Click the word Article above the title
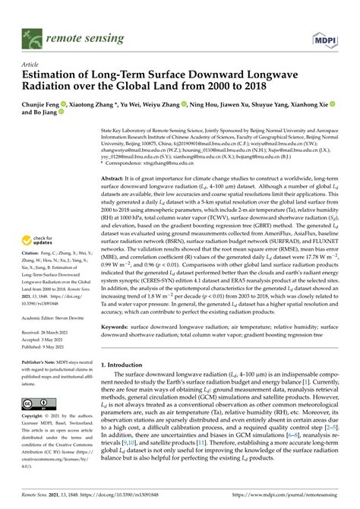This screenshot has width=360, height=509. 31,65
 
